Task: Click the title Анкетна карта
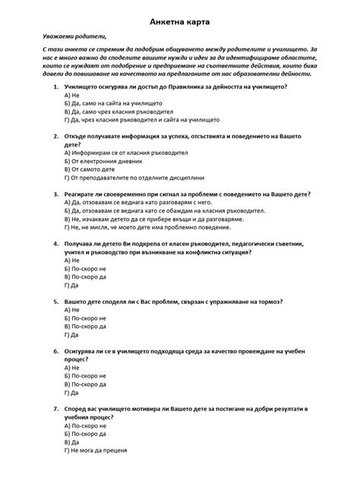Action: pyautogui.click(x=180, y=16)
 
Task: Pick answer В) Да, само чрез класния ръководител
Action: pyautogui.click(x=122, y=112)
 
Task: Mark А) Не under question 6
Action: pyautogui.click(x=73, y=368)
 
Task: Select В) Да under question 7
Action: pyautogui.click(x=73, y=443)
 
